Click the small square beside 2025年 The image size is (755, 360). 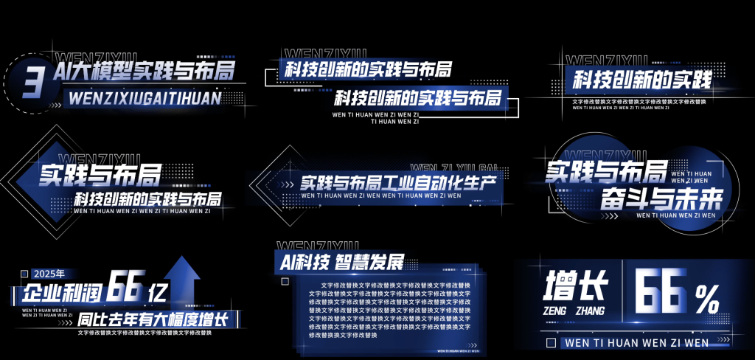pos(24,274)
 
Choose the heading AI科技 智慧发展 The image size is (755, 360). pos(342,262)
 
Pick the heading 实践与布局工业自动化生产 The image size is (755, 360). pos(397,181)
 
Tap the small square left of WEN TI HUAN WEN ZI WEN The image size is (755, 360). pos(551,343)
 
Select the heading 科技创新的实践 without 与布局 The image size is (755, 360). pos(641,80)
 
